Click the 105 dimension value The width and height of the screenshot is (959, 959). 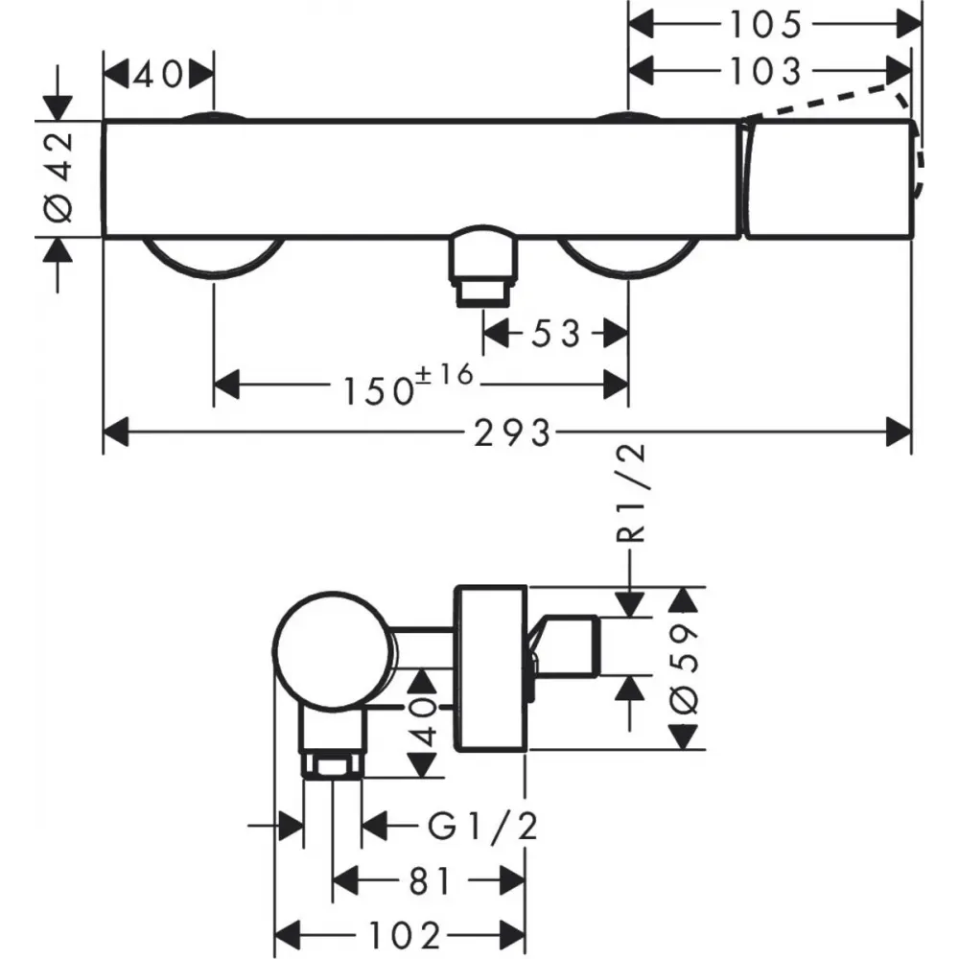pyautogui.click(x=765, y=25)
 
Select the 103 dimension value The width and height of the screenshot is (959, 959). pyautogui.click(x=765, y=71)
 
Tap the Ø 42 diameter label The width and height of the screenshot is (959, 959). pyautogui.click(x=59, y=177)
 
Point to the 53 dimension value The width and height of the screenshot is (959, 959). pyautogui.click(x=555, y=334)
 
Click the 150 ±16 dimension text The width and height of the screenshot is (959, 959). pyautogui.click(x=409, y=385)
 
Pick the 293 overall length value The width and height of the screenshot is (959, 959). pyautogui.click(x=512, y=433)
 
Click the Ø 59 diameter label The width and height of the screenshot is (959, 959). pyautogui.click(x=685, y=668)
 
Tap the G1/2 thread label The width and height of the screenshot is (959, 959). pyautogui.click(x=482, y=826)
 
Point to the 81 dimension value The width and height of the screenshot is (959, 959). pyautogui.click(x=430, y=881)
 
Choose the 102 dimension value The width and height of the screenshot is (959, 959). pyautogui.click(x=405, y=935)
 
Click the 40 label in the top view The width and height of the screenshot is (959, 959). pyautogui.click(x=158, y=75)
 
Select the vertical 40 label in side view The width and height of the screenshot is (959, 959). pyautogui.click(x=423, y=723)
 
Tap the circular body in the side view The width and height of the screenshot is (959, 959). pyautogui.click(x=333, y=651)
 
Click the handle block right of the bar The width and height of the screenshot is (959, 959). pyautogui.click(x=830, y=178)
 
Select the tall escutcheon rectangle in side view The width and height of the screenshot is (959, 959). pyautogui.click(x=490, y=667)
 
